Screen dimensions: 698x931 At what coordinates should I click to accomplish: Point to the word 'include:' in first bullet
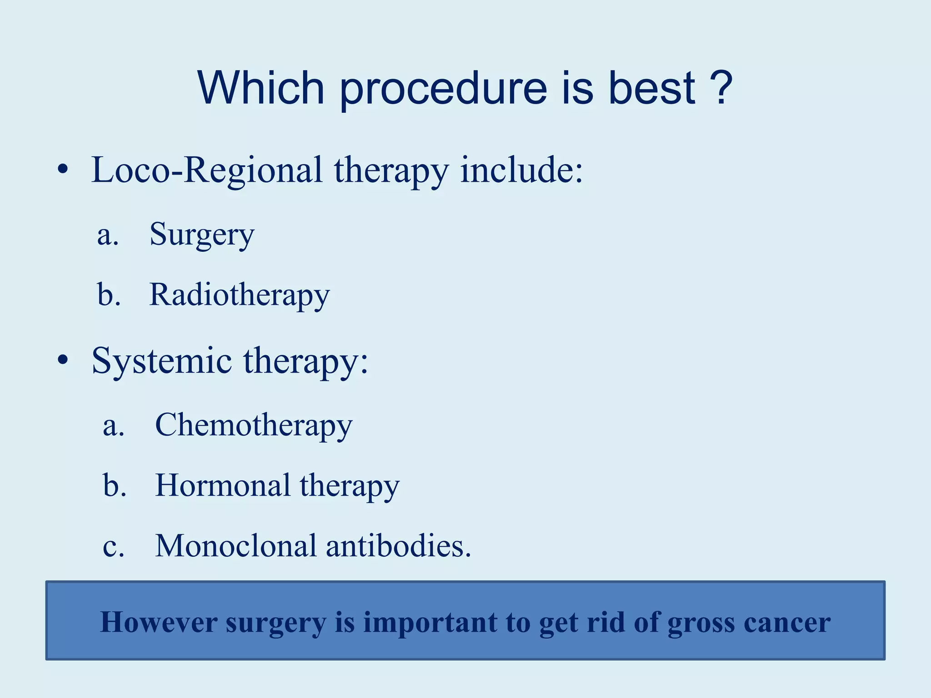click(x=521, y=170)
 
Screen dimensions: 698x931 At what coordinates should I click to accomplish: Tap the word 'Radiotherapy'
click(x=240, y=295)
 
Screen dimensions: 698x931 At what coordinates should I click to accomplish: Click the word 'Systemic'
click(x=162, y=361)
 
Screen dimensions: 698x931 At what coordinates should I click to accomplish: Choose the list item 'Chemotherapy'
click(x=254, y=425)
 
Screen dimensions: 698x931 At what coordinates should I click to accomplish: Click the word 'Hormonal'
click(x=223, y=485)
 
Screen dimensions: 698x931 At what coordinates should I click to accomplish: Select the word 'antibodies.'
click(x=399, y=546)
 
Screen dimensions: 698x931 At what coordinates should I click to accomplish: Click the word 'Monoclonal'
click(x=235, y=546)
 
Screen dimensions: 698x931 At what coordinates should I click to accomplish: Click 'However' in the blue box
click(x=158, y=622)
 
